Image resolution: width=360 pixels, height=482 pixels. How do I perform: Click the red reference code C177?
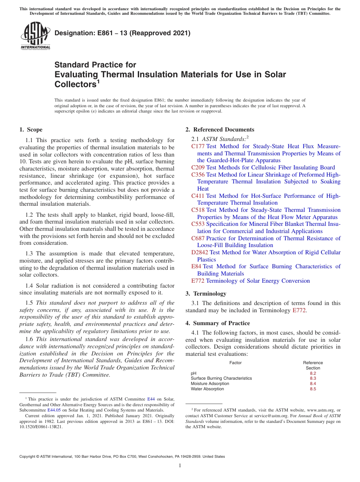(x=198, y=146)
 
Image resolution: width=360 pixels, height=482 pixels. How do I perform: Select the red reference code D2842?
(x=200, y=252)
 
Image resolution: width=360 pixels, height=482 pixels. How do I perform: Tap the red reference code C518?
(x=198, y=210)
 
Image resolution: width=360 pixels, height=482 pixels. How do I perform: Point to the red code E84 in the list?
(x=196, y=266)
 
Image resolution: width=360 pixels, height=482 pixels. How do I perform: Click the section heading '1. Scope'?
(x=31, y=130)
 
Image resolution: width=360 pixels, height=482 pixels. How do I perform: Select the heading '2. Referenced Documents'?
(x=220, y=130)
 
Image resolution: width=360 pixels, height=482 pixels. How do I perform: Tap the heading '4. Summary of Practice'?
(x=218, y=323)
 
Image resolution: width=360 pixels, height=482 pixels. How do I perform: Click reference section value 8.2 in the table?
(x=313, y=373)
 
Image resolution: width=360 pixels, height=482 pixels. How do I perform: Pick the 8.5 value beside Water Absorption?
(x=313, y=389)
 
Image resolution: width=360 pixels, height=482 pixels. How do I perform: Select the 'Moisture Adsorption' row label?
(x=210, y=383)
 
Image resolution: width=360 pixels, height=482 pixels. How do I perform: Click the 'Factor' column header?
(x=235, y=363)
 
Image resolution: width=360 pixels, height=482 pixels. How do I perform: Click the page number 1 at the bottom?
(x=180, y=465)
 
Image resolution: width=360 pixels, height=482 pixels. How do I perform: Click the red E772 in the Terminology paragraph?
(x=299, y=310)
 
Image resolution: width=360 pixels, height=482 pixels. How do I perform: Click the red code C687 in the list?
(x=198, y=238)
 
